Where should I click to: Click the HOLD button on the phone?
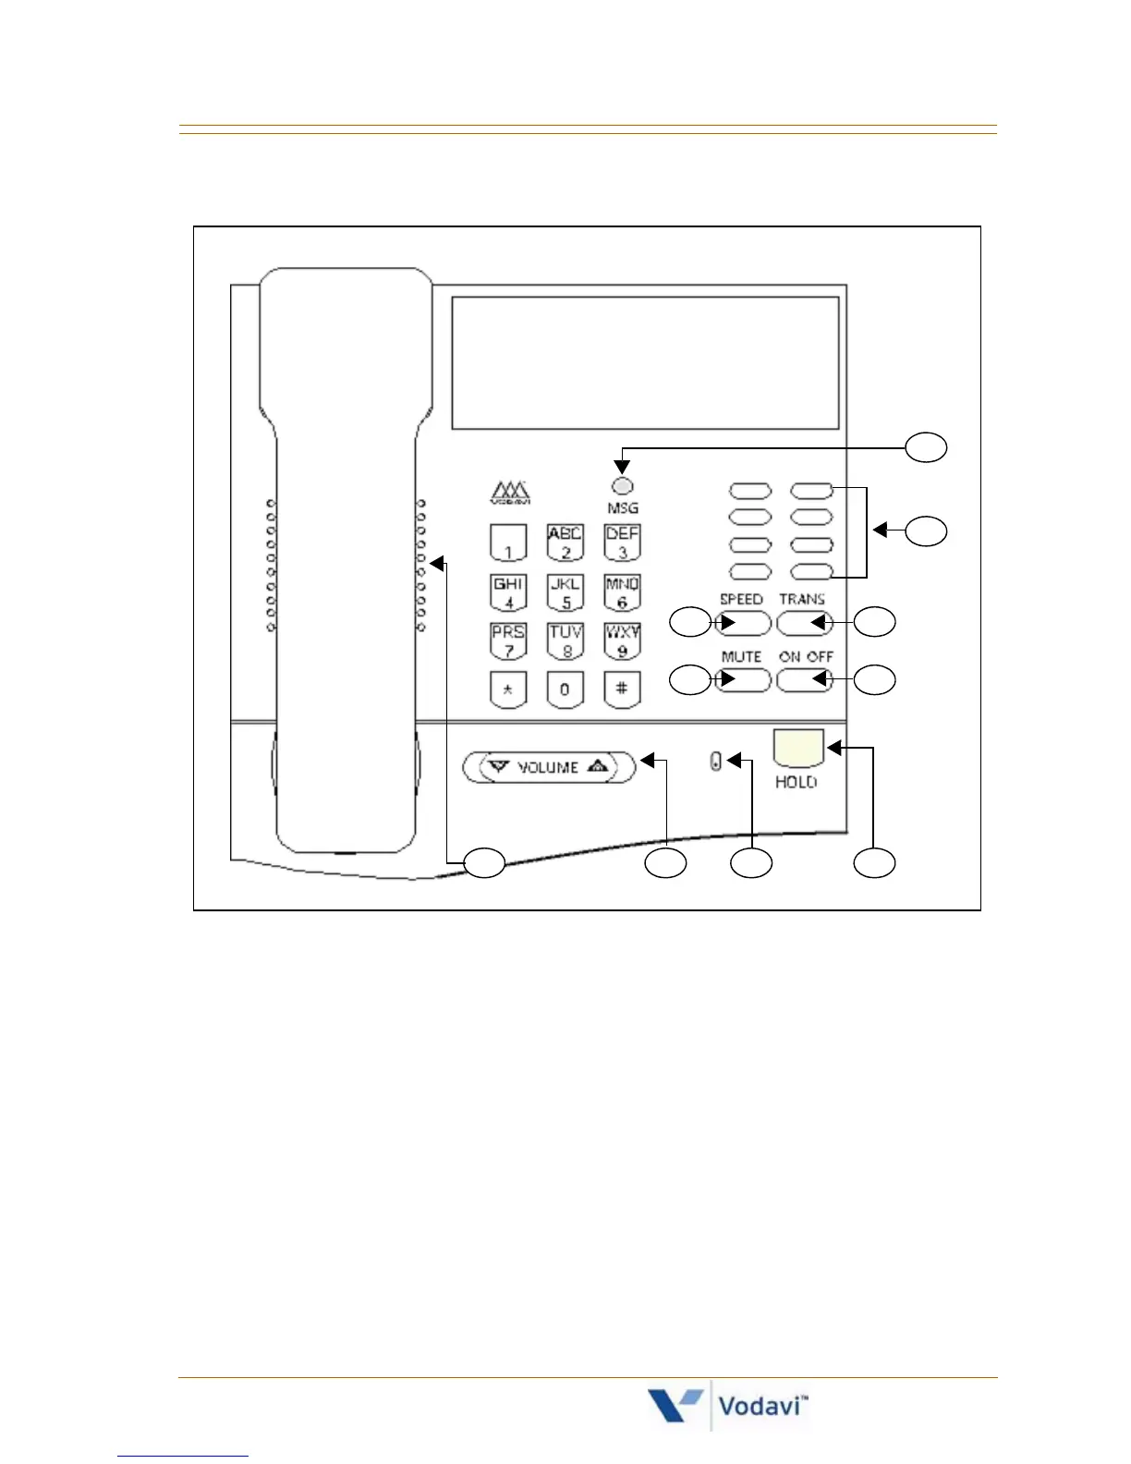coord(798,747)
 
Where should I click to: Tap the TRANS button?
coord(804,623)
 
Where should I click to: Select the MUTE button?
coord(744,680)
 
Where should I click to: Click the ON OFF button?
coord(804,680)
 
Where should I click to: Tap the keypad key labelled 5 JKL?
coord(565,592)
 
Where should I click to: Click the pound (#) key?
coord(622,689)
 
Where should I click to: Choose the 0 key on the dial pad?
coord(565,689)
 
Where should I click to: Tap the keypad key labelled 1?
coord(508,543)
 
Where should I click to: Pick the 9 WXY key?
coord(622,641)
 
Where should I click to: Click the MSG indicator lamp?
coord(623,486)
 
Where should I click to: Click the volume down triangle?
coord(500,766)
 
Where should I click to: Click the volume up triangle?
coord(598,766)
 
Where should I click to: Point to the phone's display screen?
coord(645,362)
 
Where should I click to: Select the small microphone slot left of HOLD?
coord(716,762)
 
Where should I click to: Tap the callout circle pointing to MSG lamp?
coord(925,447)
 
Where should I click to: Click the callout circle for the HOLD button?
coord(874,863)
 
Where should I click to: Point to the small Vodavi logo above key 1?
coord(509,493)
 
